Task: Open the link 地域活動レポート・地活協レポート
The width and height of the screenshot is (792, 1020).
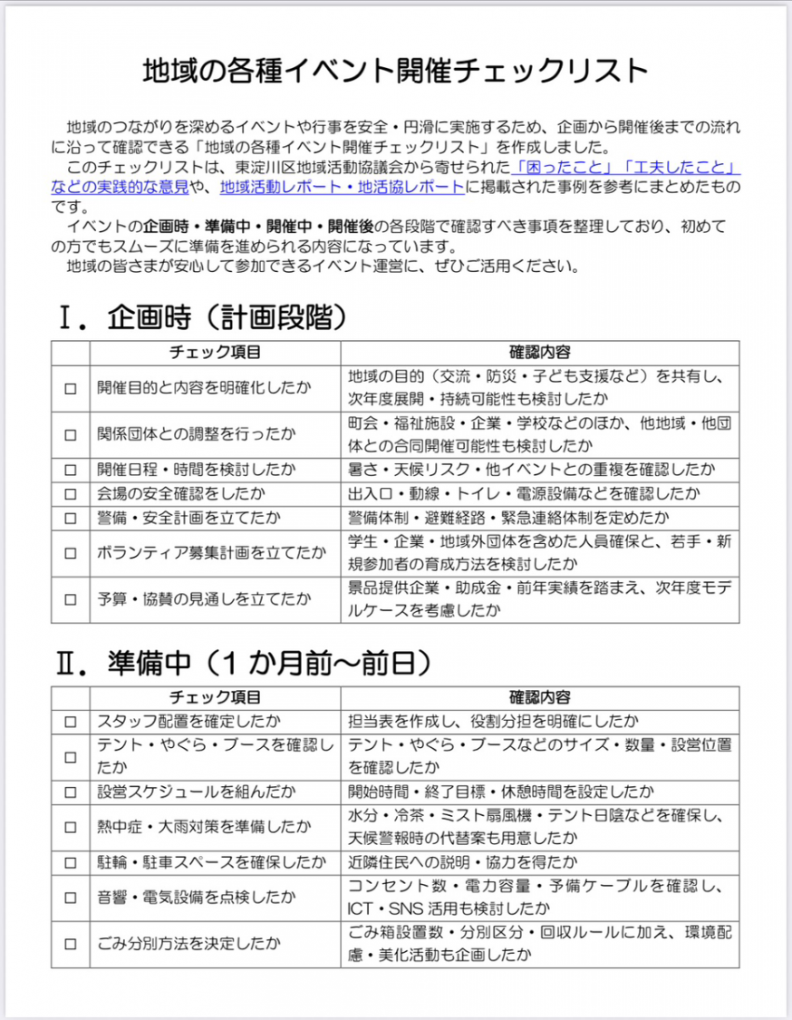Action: click(x=342, y=188)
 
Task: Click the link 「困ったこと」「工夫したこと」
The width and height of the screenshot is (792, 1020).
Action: click(x=625, y=168)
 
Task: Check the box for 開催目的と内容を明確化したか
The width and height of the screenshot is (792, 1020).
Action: click(x=71, y=388)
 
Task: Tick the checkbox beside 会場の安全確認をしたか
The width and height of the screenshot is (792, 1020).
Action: click(x=71, y=494)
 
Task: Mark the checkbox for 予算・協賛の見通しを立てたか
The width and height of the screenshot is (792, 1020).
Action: click(x=71, y=599)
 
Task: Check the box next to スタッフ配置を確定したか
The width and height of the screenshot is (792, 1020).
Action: click(x=71, y=722)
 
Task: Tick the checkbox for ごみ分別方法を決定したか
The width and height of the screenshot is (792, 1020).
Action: click(x=71, y=944)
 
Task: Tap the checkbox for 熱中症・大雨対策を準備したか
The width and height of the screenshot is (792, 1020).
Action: click(x=71, y=827)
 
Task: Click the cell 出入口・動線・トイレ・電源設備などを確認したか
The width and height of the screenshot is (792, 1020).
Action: click(x=524, y=494)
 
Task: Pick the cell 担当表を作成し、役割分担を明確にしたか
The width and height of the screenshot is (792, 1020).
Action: click(x=494, y=722)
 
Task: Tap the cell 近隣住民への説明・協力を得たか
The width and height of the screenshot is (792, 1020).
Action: click(x=462, y=862)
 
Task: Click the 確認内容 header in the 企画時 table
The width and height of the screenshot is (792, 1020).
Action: click(x=539, y=352)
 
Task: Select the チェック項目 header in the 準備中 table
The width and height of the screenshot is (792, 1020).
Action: click(x=215, y=697)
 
